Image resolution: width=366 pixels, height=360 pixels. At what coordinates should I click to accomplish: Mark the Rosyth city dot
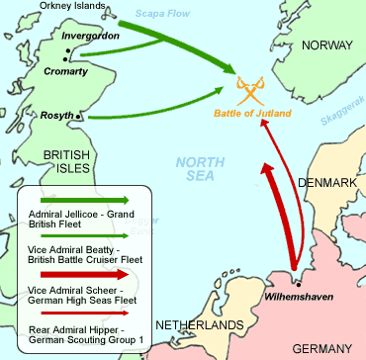point(80,117)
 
